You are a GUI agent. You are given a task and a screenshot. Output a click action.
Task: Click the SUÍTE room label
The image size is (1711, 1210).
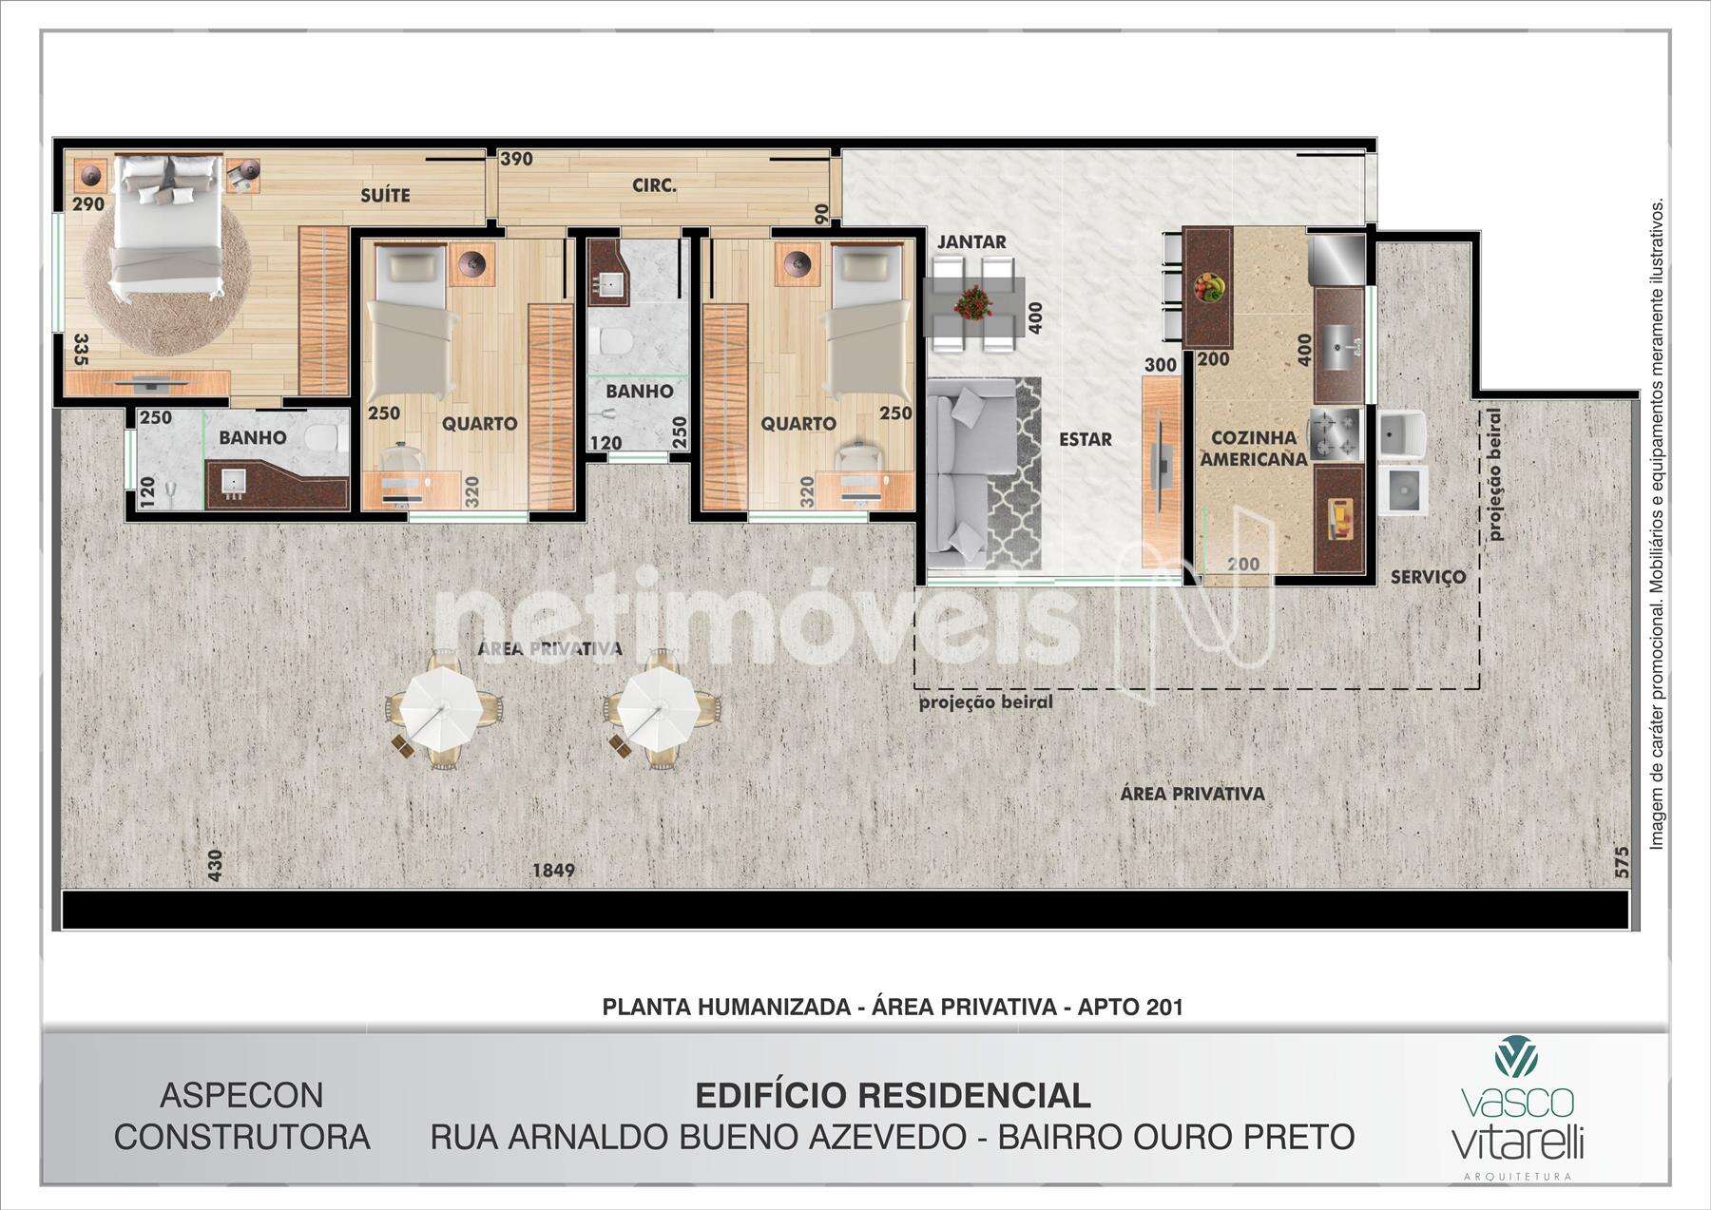[x=385, y=195]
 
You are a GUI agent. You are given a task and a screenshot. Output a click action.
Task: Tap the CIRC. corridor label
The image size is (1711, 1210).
[x=654, y=186]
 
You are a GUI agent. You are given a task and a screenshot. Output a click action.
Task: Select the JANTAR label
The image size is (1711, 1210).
[x=971, y=241]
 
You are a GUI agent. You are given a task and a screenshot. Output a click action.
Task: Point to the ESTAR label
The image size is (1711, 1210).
[x=1086, y=439]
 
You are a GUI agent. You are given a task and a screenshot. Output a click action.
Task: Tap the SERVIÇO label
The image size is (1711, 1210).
[x=1428, y=577]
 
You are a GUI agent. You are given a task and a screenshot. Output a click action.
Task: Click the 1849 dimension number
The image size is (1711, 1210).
[x=553, y=870]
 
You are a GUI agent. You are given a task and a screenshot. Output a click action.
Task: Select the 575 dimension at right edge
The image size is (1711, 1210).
[x=1622, y=862]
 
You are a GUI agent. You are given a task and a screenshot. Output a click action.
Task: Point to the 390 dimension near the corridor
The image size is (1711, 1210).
[x=516, y=159]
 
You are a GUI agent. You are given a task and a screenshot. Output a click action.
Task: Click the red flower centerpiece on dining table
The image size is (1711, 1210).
[x=972, y=303]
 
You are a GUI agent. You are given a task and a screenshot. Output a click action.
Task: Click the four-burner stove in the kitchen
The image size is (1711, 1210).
[x=1337, y=433]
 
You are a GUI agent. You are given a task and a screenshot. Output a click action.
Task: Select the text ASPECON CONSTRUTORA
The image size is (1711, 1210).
[x=241, y=1116]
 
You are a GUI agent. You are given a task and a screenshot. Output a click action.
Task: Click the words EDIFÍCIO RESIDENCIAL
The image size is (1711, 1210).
[x=893, y=1096]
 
